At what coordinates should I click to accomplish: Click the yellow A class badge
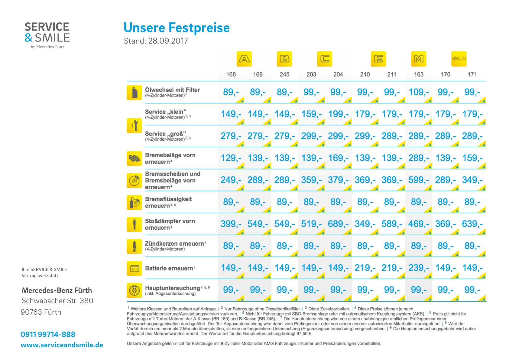pyautogui.click(x=244, y=59)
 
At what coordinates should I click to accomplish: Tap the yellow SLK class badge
pyautogui.click(x=459, y=59)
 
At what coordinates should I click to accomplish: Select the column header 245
pyautogui.click(x=284, y=74)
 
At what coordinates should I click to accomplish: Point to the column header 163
pyautogui.click(x=419, y=74)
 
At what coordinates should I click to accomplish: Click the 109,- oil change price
pyautogui.click(x=419, y=92)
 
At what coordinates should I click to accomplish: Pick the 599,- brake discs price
pyautogui.click(x=419, y=180)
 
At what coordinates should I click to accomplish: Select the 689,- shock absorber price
pyautogui.click(x=338, y=224)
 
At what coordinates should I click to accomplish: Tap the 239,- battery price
pyautogui.click(x=419, y=268)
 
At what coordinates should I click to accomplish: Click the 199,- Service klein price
pyautogui.click(x=338, y=114)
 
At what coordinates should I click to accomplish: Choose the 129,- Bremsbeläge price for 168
pyautogui.click(x=231, y=158)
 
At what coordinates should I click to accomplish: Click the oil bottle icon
pyautogui.click(x=134, y=93)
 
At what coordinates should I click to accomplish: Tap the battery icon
pyautogui.click(x=134, y=269)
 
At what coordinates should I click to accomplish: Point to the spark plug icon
pyautogui.click(x=134, y=247)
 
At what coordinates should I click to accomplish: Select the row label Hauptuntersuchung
pyautogui.click(x=173, y=288)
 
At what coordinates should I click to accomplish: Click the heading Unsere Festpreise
pyautogui.click(x=177, y=28)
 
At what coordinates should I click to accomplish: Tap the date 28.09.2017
pyautogui.click(x=168, y=41)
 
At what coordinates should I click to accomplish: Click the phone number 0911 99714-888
pyautogui.click(x=48, y=334)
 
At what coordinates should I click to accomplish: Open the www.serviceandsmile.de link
pyautogui.click(x=62, y=345)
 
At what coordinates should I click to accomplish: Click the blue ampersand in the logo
pyautogui.click(x=29, y=38)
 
